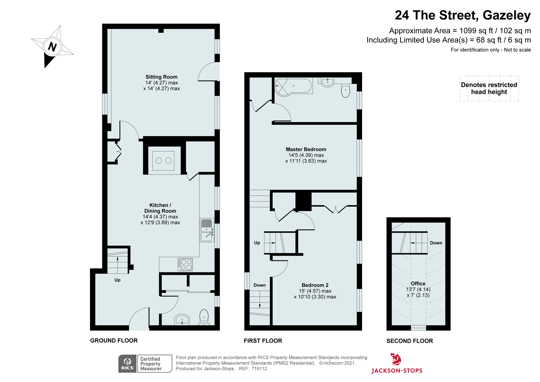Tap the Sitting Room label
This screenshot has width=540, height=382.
pyautogui.click(x=161, y=77)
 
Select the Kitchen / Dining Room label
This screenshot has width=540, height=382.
pyautogui.click(x=160, y=208)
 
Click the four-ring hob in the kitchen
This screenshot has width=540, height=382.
pyautogui.click(x=185, y=265)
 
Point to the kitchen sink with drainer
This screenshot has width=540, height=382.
pyautogui.click(x=207, y=230)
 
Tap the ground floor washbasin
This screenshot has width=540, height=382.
pyautogui.click(x=182, y=319)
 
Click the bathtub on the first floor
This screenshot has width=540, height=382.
pyautogui.click(x=294, y=86)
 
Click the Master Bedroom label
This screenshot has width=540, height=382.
pyautogui.click(x=306, y=150)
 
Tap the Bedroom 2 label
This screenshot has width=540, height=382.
pyautogui.click(x=315, y=285)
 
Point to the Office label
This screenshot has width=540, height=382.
pyautogui.click(x=418, y=284)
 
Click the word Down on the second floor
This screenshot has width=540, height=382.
pyautogui.click(x=436, y=243)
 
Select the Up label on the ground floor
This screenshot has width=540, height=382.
pyautogui.click(x=117, y=280)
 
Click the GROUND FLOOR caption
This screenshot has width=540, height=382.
pyautogui.click(x=114, y=341)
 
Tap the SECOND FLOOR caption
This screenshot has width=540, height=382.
pyautogui.click(x=409, y=341)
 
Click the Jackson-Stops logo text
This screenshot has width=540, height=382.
pyautogui.click(x=397, y=371)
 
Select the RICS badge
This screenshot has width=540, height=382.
pyautogui.click(x=128, y=364)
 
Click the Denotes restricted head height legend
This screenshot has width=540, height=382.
pyautogui.click(x=489, y=88)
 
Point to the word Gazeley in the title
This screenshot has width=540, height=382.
pyautogui.click(x=506, y=15)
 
